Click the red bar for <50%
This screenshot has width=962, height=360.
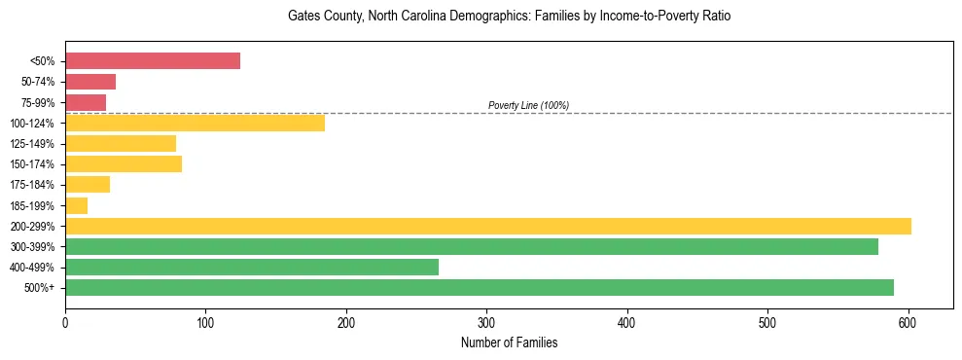coord(153,61)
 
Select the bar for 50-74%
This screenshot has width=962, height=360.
coord(90,82)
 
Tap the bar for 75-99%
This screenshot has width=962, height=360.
coord(86,102)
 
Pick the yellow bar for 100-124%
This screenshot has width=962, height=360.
coord(195,123)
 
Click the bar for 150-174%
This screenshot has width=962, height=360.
coord(124,163)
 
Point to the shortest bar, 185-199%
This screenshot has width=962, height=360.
coord(77,205)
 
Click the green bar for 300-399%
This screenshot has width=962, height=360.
coord(472,246)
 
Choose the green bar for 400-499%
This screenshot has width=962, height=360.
coord(252,267)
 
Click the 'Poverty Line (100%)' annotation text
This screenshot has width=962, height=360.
coord(528,105)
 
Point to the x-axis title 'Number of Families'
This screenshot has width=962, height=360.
coord(509,343)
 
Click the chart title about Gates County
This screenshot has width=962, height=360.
coord(509,17)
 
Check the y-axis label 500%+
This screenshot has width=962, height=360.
coord(41,288)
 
